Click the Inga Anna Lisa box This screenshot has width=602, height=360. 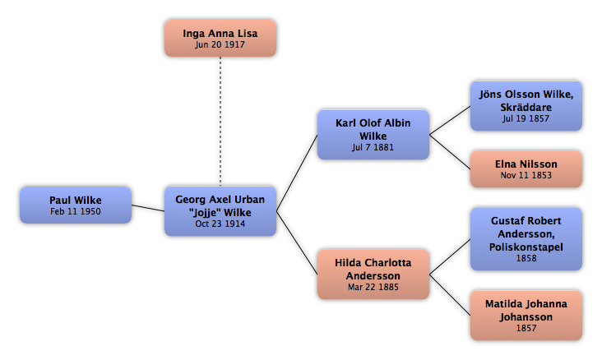click(x=220, y=39)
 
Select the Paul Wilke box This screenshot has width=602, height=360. click(x=76, y=205)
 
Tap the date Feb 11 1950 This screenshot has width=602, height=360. click(x=76, y=211)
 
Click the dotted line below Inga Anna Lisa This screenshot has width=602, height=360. click(x=220, y=122)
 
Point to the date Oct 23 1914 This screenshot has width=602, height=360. click(x=220, y=224)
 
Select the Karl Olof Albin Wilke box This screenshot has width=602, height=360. click(x=373, y=135)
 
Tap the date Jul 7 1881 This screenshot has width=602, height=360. click(x=373, y=147)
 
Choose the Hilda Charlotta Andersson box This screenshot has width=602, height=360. click(x=373, y=275)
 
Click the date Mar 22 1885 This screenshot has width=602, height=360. click(x=373, y=287)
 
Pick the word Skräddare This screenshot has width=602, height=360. click(x=526, y=108)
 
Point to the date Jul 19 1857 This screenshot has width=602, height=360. click(x=526, y=118)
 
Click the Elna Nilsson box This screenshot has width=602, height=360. click(x=526, y=169)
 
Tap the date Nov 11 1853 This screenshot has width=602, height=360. click(x=526, y=175)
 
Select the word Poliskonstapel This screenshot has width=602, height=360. click(x=526, y=247)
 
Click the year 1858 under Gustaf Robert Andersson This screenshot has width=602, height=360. click(x=526, y=258)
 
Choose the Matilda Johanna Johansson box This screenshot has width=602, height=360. click(x=526, y=316)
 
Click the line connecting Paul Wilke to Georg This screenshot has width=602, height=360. click(x=148, y=208)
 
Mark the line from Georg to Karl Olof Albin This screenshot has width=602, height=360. click(x=297, y=173)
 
